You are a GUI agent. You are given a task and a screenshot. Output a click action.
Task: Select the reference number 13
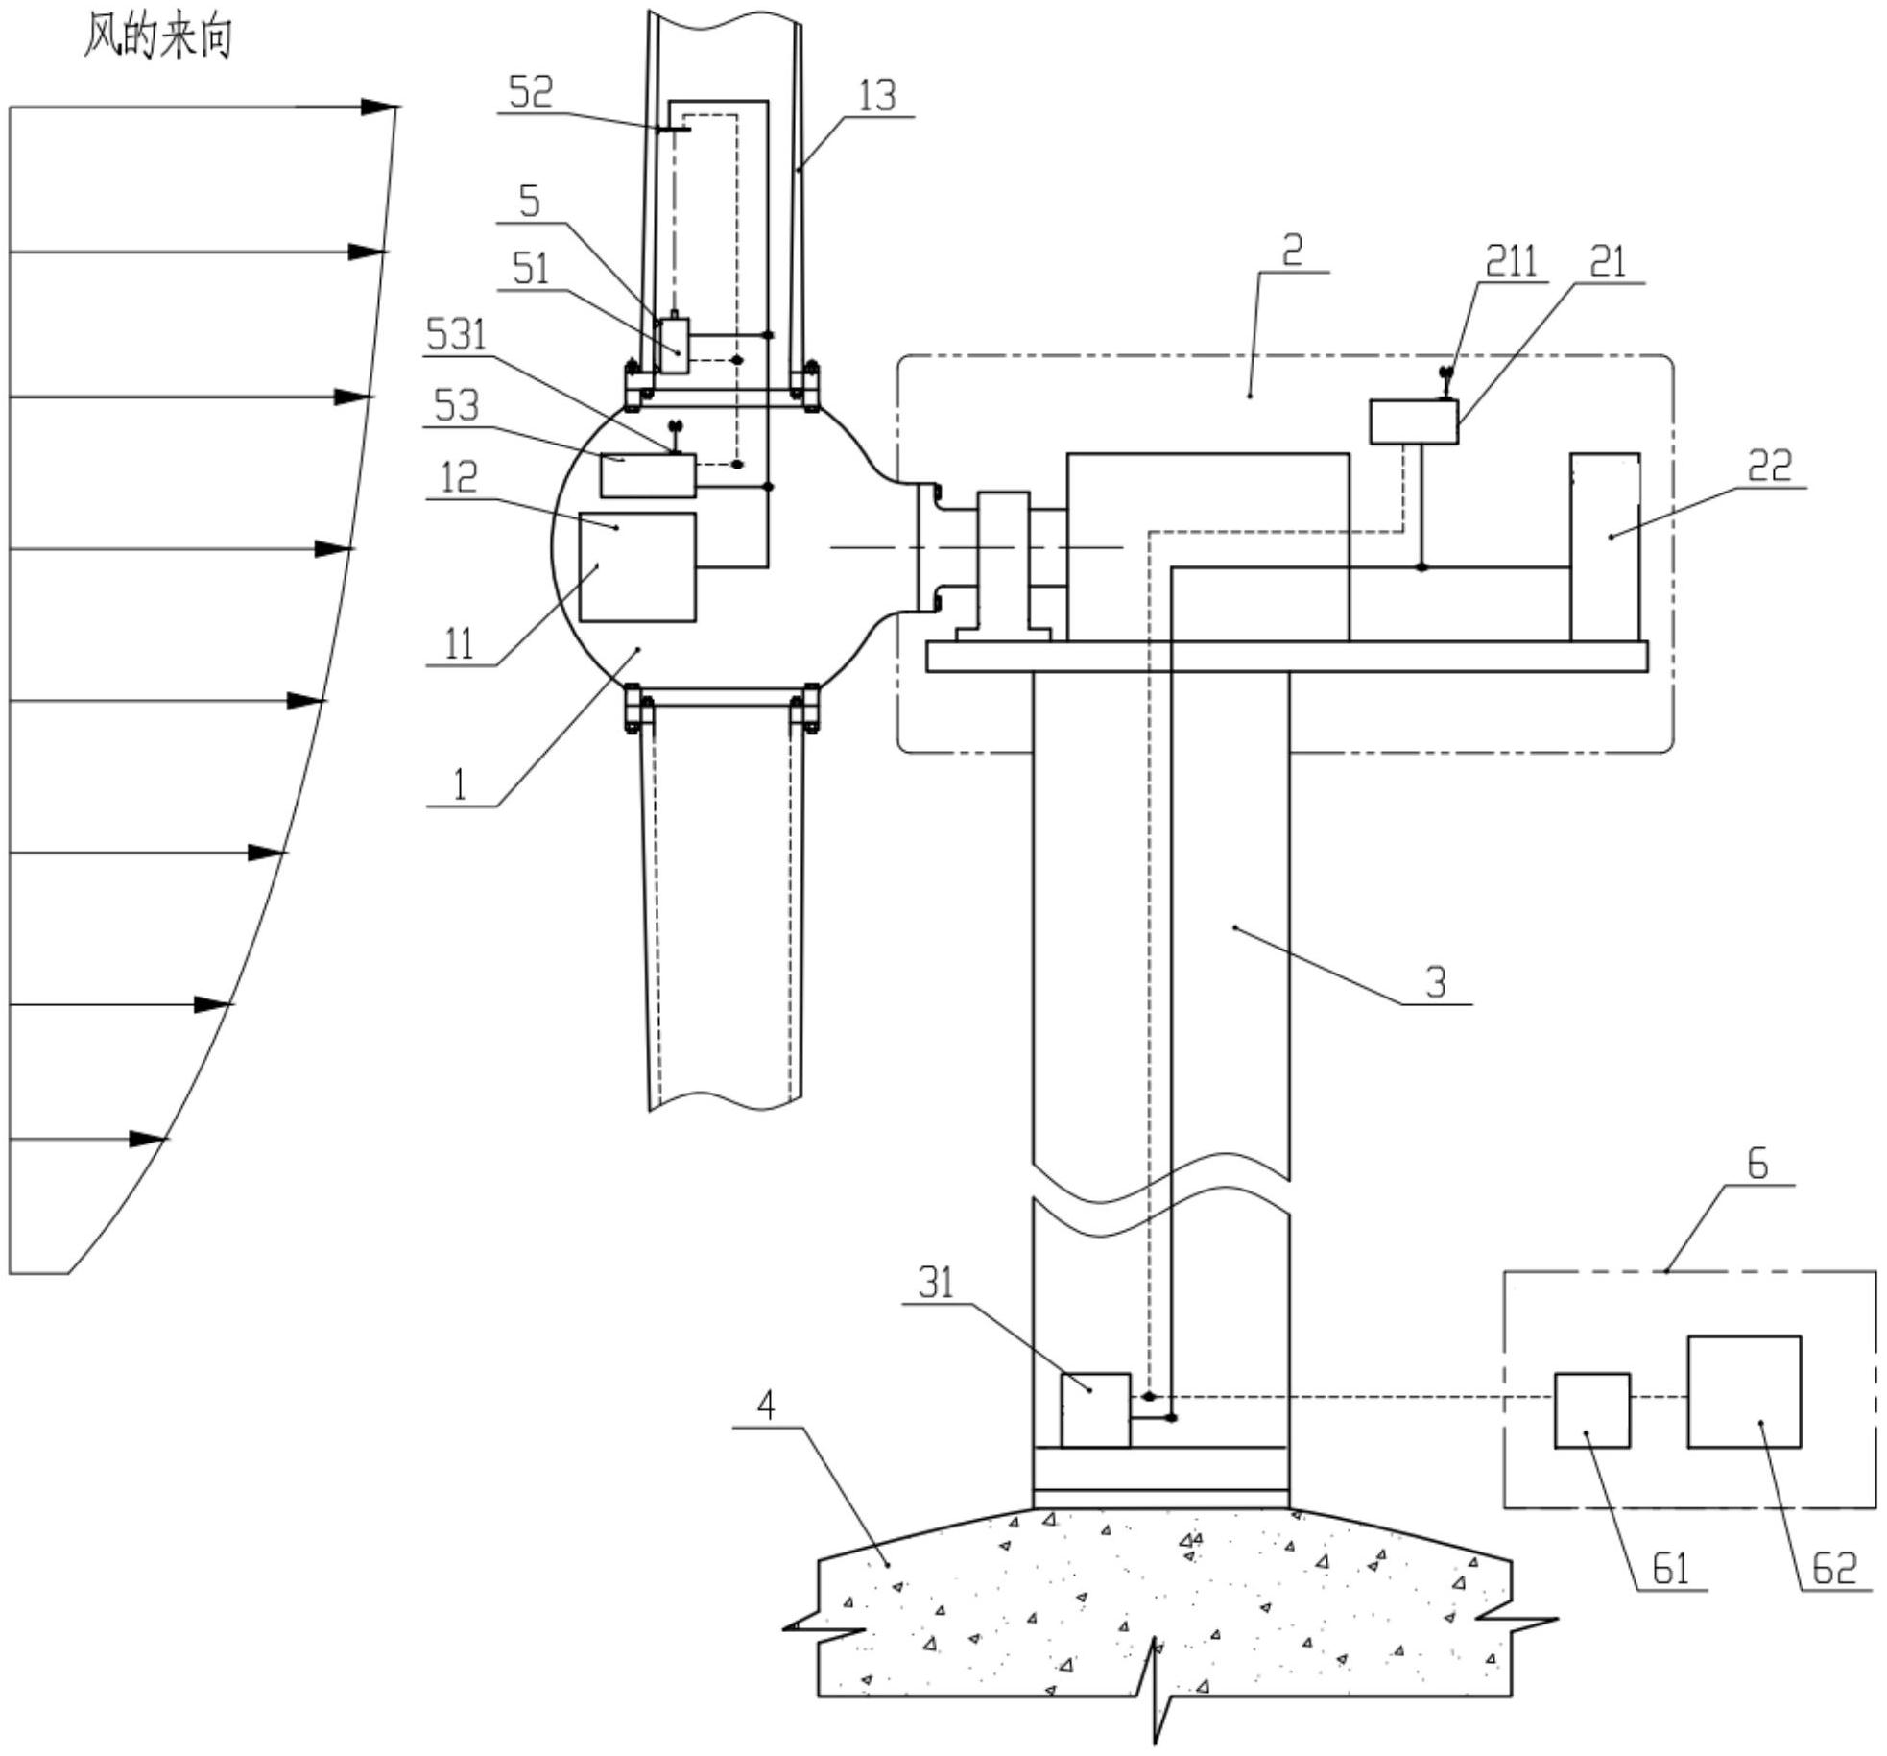point(877,95)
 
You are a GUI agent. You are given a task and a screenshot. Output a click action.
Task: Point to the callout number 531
point(457,335)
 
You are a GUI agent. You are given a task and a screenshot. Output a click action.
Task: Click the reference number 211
point(1511,261)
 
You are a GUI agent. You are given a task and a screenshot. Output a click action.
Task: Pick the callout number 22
point(1770,467)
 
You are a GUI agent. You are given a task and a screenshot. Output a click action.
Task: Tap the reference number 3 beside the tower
point(1436,982)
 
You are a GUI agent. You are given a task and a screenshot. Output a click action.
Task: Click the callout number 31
point(936,1282)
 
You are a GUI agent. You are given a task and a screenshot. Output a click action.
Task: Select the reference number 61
point(1671,1569)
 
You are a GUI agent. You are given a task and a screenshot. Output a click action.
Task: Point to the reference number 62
point(1834,1569)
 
